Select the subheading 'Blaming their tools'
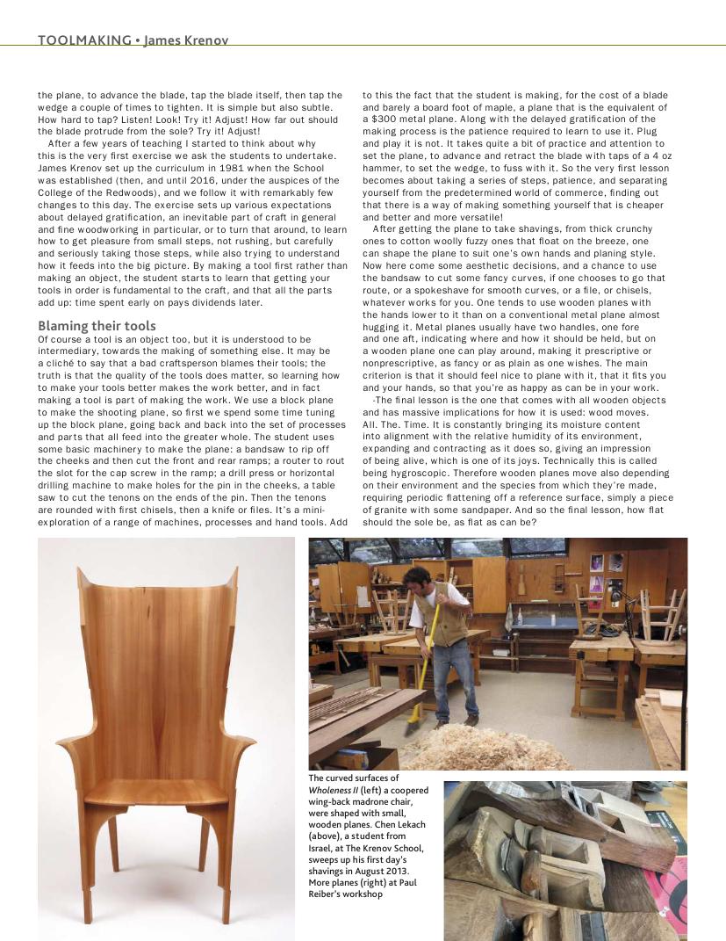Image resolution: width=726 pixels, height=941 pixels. click(97, 326)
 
